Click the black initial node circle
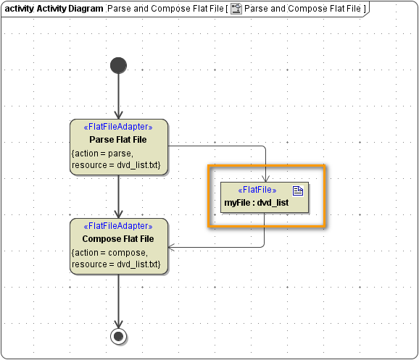[x=118, y=65]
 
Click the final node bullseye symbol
[x=118, y=335]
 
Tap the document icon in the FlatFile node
[x=297, y=190]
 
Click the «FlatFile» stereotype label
[x=257, y=190]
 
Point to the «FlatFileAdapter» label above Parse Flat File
[x=119, y=127]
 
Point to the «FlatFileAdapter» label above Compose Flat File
[x=119, y=227]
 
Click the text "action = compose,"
[x=109, y=252]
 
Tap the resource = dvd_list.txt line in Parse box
[x=116, y=165]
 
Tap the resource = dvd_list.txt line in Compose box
[x=116, y=264]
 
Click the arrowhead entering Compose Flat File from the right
[x=172, y=247]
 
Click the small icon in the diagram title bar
[x=236, y=9]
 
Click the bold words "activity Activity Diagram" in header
[x=54, y=9]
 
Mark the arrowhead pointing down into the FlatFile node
[x=265, y=177]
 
